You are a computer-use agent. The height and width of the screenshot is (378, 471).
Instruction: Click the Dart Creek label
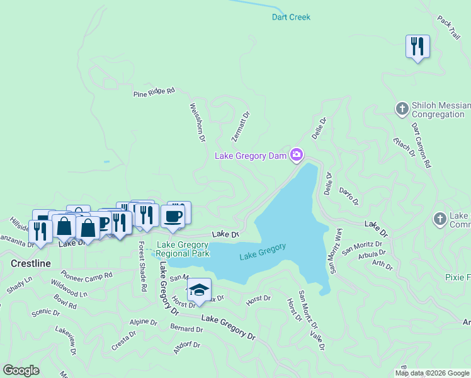coord(291,17)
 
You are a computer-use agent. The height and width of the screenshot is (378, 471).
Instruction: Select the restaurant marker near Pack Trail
coord(417,47)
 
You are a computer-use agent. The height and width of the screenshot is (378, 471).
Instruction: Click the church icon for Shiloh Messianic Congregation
coord(402,110)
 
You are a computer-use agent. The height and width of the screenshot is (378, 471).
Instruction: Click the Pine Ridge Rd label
coord(154,93)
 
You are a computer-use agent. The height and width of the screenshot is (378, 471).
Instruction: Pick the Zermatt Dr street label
coord(240,127)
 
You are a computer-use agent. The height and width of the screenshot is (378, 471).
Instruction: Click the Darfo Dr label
coord(348,196)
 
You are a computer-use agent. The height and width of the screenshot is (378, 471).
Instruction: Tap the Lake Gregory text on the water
coord(263,252)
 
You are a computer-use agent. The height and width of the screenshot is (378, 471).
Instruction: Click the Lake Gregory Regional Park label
coord(182,249)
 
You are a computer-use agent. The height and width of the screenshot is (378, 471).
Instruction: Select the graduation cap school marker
coord(199,290)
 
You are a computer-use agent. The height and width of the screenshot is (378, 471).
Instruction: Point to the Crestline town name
coord(30,263)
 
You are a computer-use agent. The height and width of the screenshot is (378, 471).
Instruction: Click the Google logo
coord(21,370)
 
